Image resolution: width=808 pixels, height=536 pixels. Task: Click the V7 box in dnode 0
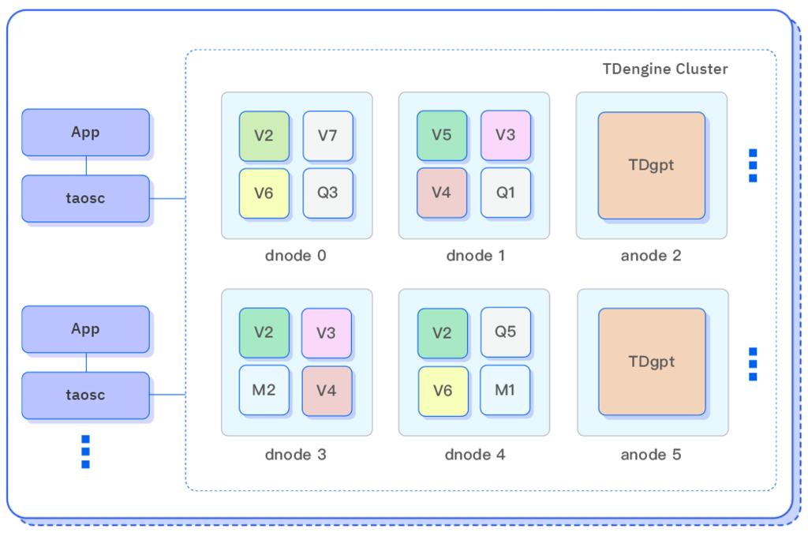[x=327, y=136]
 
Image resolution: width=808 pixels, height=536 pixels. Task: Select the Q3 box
[x=327, y=193]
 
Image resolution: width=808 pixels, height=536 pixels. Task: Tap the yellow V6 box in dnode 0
[x=264, y=193]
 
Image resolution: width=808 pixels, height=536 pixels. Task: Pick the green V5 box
[x=442, y=135]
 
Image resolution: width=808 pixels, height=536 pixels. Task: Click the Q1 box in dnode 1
[x=506, y=193]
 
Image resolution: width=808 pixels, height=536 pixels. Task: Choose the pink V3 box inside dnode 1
[x=506, y=135]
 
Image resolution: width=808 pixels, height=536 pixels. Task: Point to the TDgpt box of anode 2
[x=651, y=166]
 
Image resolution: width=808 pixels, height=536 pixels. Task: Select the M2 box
[x=264, y=390]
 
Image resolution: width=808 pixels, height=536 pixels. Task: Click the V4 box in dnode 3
[x=327, y=390]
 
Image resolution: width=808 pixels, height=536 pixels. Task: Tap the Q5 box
[x=506, y=332]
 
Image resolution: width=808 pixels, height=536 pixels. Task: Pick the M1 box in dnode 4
[x=506, y=390]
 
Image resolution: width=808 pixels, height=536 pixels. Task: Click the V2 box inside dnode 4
[x=442, y=332]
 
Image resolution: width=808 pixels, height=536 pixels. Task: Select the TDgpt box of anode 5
[x=652, y=362]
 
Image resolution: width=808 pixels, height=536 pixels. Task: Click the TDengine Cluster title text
[x=665, y=69]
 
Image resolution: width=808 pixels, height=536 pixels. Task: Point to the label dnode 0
[x=296, y=256]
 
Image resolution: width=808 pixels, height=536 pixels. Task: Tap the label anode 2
[x=651, y=256]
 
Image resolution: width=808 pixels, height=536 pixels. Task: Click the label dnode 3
[x=296, y=455]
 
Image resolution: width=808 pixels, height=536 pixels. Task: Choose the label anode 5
[x=651, y=455]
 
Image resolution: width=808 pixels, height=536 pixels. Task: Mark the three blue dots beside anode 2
[x=753, y=166]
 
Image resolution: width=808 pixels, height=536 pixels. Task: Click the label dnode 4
[x=474, y=455]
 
